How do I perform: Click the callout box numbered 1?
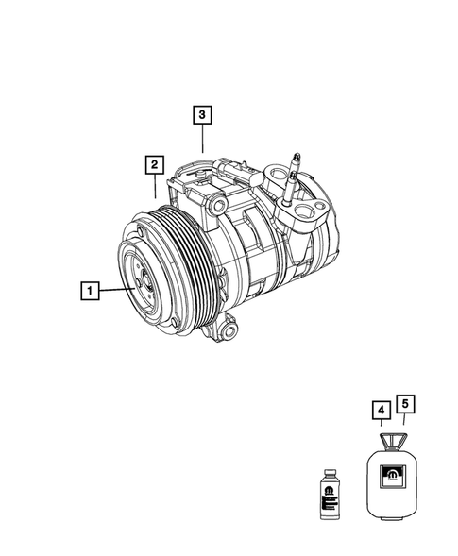[88, 292]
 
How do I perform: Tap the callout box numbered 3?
[202, 115]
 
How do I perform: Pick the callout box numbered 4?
[379, 410]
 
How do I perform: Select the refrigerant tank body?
[392, 480]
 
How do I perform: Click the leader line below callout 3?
[203, 139]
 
